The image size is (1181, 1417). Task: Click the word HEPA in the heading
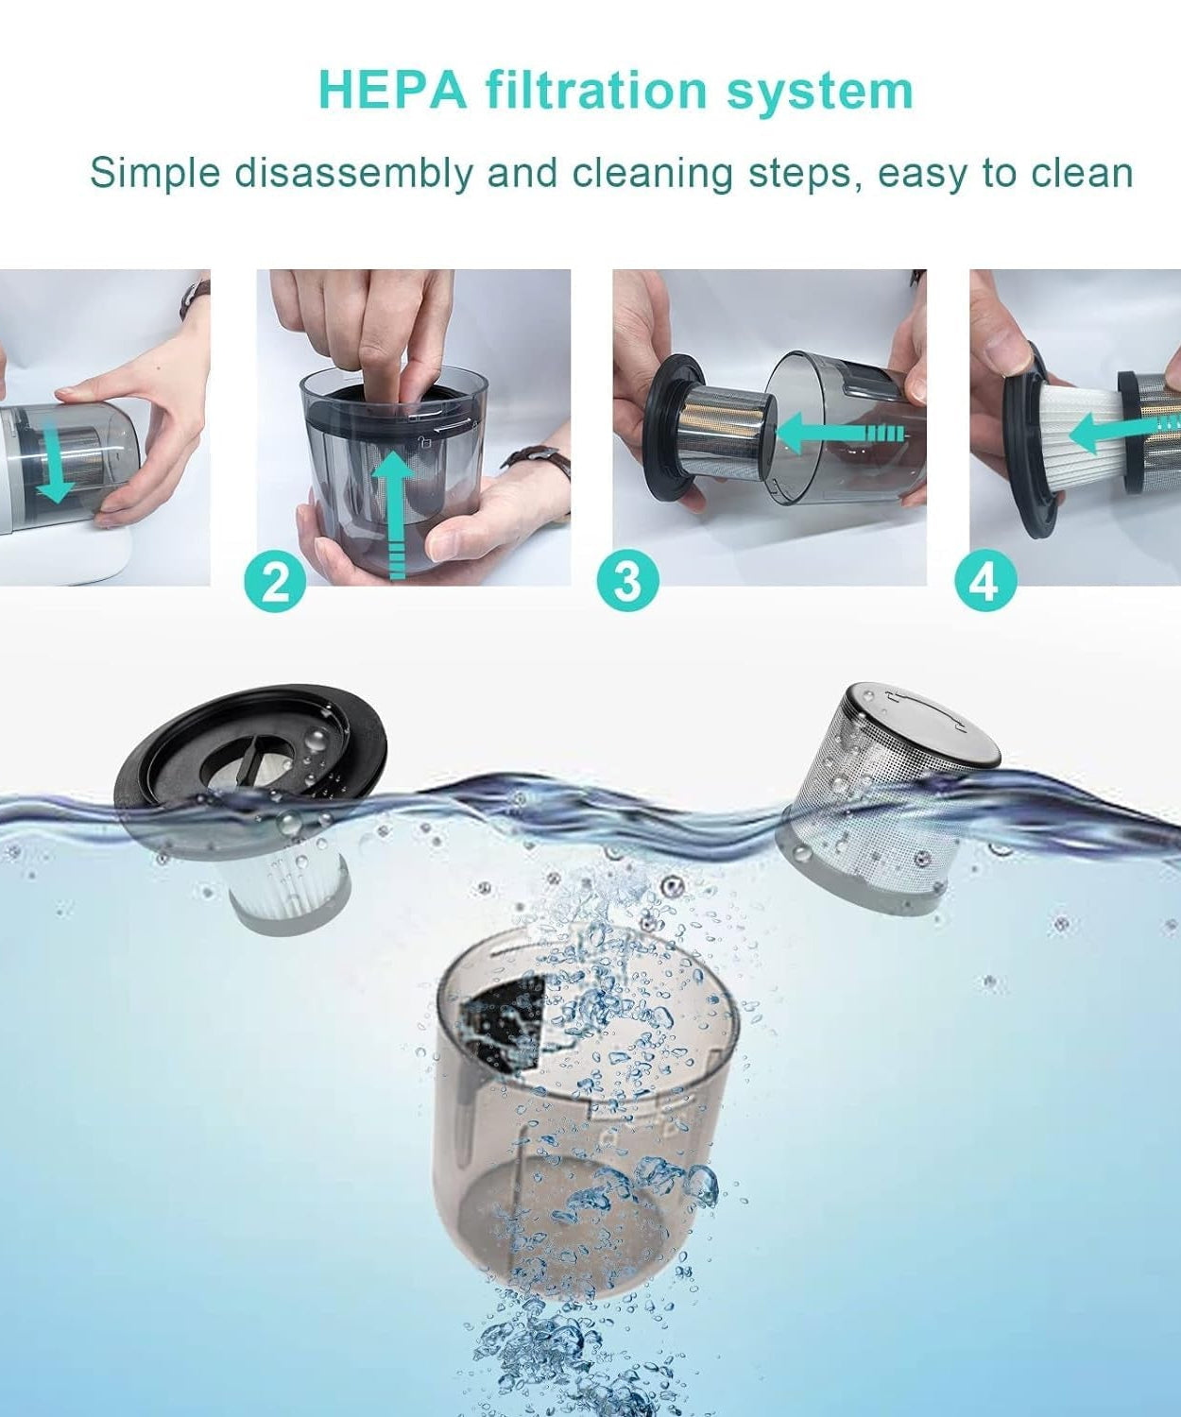(x=392, y=90)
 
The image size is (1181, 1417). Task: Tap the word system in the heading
(x=819, y=90)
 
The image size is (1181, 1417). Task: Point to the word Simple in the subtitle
(x=155, y=174)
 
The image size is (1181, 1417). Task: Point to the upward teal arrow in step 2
(x=398, y=510)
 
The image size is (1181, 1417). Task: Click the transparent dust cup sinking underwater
(x=576, y=1115)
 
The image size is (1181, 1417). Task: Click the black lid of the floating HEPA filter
(x=250, y=746)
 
